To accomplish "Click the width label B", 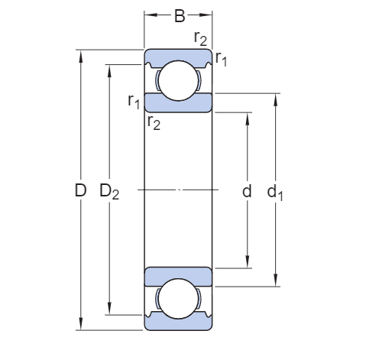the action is (180, 16).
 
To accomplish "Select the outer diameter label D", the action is (80, 190).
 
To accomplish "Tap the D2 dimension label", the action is (109, 191).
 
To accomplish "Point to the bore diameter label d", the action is (247, 190).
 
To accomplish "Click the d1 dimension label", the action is (275, 193).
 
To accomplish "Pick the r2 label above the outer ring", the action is (200, 38).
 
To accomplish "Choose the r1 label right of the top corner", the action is (221, 59).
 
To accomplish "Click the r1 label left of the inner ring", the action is (134, 102).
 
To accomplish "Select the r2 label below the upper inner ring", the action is (154, 122).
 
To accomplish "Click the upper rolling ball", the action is (178, 80).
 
